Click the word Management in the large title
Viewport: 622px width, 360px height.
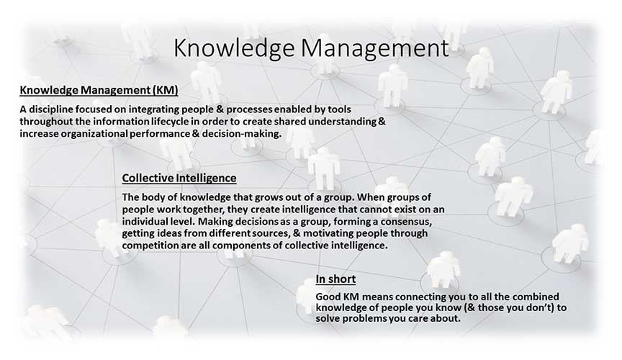(x=374, y=48)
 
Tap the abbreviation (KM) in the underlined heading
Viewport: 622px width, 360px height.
(x=165, y=91)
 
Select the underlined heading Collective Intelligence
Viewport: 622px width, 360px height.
(x=179, y=179)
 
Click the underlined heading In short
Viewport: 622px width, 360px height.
(x=335, y=279)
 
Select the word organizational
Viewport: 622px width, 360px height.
(x=94, y=134)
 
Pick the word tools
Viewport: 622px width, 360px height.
(x=340, y=109)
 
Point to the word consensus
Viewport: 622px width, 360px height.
(x=406, y=221)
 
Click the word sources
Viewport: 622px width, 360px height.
(x=271, y=233)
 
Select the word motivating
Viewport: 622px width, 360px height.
(x=327, y=233)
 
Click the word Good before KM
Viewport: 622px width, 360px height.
(x=328, y=297)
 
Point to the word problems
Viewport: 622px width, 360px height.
(x=364, y=319)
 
